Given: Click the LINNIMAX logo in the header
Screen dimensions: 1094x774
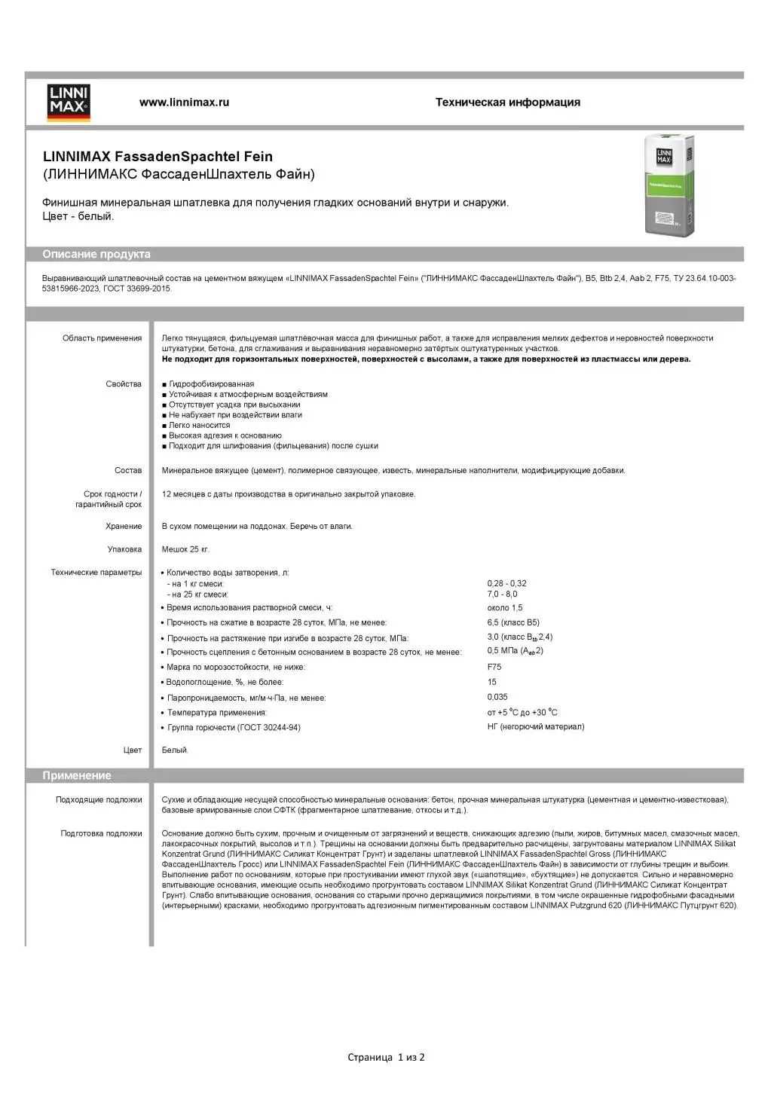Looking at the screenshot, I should pyautogui.click(x=69, y=102).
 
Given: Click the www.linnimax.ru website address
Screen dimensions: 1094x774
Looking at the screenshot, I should pyautogui.click(x=184, y=102).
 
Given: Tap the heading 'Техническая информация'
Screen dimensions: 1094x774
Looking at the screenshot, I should pyautogui.click(x=507, y=102).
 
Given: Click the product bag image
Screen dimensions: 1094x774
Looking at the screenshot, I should pyautogui.click(x=668, y=185).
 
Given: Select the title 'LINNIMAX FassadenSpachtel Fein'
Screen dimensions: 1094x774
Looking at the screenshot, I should pyautogui.click(x=158, y=157).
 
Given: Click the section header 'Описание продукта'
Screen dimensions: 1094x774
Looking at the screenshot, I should pyautogui.click(x=96, y=255).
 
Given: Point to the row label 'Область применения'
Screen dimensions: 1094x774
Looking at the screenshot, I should pyautogui.click(x=102, y=338).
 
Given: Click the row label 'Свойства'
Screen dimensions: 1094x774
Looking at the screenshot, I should pyautogui.click(x=124, y=384).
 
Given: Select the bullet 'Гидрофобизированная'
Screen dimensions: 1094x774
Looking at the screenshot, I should pyautogui.click(x=211, y=384).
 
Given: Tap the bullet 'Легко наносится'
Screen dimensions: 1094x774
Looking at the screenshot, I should pyautogui.click(x=199, y=425).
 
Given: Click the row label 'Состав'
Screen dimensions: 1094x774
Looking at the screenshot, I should pyautogui.click(x=128, y=470).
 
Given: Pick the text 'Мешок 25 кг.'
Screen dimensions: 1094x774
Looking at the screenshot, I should pyautogui.click(x=185, y=549).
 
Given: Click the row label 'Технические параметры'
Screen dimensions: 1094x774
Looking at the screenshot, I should pyautogui.click(x=96, y=573).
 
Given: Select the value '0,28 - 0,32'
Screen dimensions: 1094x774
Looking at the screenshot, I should pyautogui.click(x=506, y=583).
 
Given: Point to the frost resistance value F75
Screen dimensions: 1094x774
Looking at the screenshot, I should pyautogui.click(x=494, y=667).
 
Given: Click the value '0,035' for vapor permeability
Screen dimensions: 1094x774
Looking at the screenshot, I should pyautogui.click(x=497, y=697).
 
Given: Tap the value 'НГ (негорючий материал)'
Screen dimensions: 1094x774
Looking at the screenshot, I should pyautogui.click(x=535, y=727).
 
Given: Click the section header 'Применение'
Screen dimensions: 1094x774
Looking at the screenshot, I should pyautogui.click(x=77, y=776).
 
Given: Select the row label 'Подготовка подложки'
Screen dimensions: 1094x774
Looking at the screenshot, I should pyautogui.click(x=101, y=833).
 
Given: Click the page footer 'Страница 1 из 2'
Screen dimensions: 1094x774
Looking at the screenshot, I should pyautogui.click(x=386, y=1057).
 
